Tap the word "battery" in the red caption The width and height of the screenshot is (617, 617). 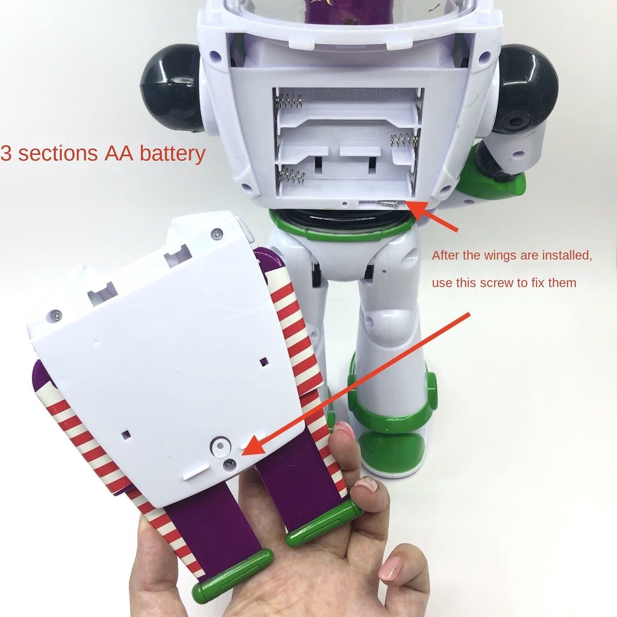point(172,154)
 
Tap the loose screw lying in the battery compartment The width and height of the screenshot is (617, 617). point(386,204)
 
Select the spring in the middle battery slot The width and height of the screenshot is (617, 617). point(404,141)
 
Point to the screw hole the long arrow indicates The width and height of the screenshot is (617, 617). point(229,465)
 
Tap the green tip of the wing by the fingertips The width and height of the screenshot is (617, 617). point(324,524)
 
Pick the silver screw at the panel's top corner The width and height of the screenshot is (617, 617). point(216,233)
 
